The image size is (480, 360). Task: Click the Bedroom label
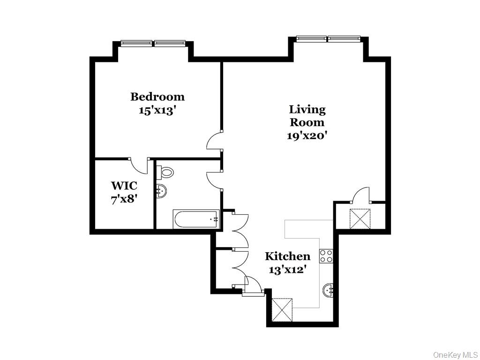tap(157, 97)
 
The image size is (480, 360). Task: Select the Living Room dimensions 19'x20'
tap(307, 136)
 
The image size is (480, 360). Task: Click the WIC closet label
tap(124, 186)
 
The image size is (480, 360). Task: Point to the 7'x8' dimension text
tap(124, 199)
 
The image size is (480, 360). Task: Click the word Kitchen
tap(287, 256)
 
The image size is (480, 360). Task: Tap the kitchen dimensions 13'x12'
tap(287, 270)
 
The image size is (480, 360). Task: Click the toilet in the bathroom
tap(166, 172)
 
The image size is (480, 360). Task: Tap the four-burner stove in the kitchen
tap(326, 256)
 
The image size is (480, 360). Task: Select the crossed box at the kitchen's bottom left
tap(283, 309)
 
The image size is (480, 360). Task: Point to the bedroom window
tap(153, 44)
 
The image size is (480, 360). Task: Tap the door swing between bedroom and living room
tap(214, 141)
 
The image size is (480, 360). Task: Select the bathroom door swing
tap(214, 179)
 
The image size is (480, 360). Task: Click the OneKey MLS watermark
tap(455, 354)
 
